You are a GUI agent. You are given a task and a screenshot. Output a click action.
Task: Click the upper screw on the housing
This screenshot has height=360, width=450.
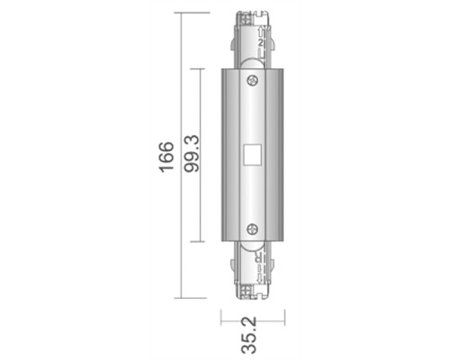253,81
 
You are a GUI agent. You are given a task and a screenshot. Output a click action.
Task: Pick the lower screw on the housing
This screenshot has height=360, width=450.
253,229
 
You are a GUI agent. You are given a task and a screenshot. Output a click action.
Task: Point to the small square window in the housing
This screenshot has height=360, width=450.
252,155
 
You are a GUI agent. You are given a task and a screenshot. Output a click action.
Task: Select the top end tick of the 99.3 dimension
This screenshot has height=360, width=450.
199,68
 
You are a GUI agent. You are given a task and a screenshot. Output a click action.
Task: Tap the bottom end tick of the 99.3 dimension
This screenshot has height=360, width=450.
199,243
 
